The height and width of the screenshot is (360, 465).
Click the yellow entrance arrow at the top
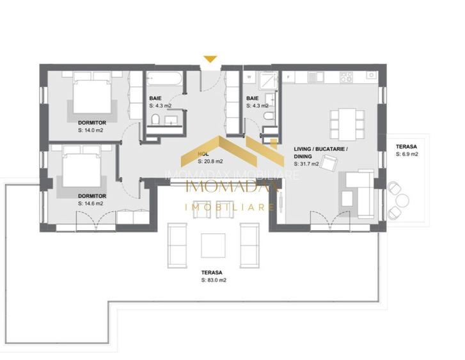(x=210, y=59)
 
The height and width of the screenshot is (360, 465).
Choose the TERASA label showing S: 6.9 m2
(x=407, y=150)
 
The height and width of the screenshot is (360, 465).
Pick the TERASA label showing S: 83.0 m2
(x=213, y=276)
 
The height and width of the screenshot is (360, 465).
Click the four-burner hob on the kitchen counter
(x=346, y=77)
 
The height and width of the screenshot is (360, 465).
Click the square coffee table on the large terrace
(x=213, y=245)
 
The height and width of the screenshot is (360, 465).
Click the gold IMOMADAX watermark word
(x=230, y=186)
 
